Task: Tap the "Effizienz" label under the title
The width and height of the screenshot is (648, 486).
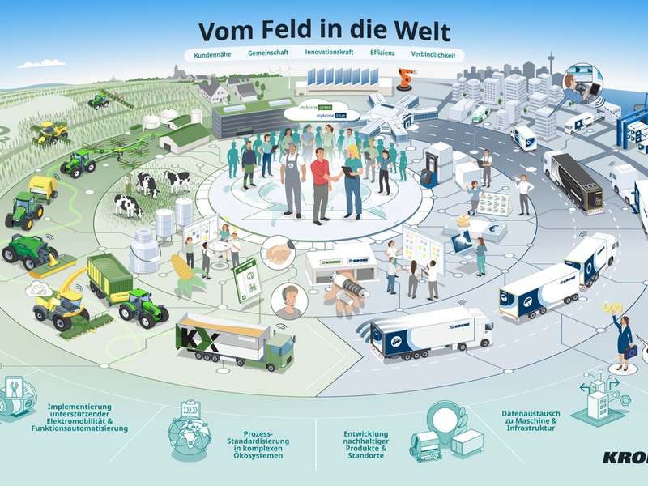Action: click(x=382, y=55)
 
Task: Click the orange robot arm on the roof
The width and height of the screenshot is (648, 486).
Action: click(x=403, y=79)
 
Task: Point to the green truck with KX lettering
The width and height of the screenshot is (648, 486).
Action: click(x=235, y=340)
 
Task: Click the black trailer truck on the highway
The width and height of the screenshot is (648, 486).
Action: click(x=574, y=180)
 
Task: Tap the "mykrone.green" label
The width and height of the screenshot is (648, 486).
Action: click(x=317, y=106)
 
